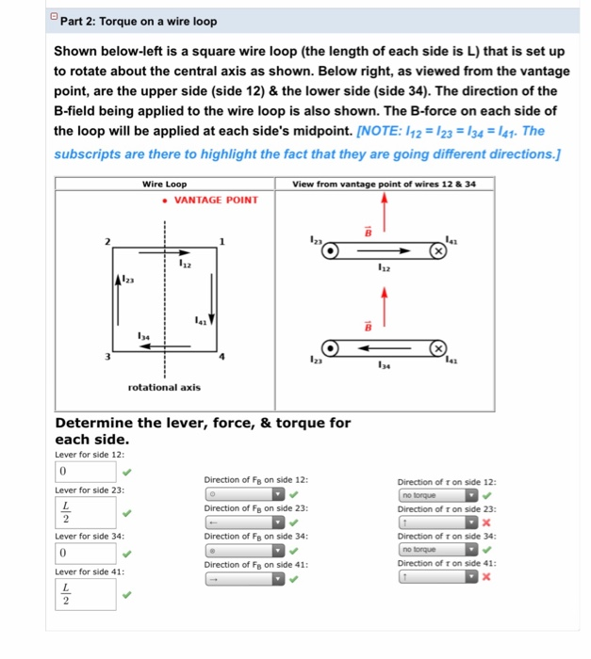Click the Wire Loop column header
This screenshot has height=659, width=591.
tap(164, 184)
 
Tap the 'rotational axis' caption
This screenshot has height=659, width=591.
tap(164, 388)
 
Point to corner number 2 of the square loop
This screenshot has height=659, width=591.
tap(109, 242)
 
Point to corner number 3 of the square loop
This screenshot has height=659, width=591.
tap(109, 357)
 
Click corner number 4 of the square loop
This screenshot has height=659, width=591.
tap(222, 357)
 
